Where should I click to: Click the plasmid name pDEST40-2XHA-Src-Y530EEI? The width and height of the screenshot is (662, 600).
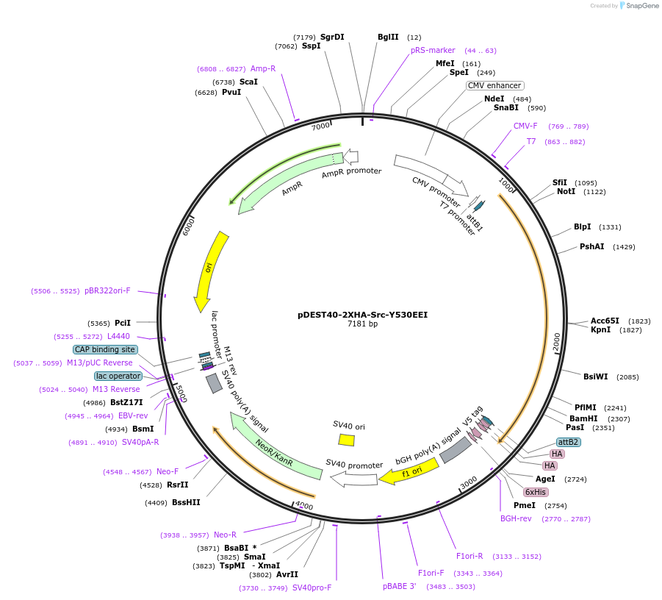(x=362, y=314)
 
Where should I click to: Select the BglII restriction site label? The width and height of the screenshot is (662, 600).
(x=388, y=37)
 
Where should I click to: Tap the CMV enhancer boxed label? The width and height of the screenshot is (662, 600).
(x=494, y=85)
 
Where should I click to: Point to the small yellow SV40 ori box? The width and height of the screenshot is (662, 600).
(x=346, y=440)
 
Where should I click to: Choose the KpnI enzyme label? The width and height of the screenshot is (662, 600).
(x=600, y=330)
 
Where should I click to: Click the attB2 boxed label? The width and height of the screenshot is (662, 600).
(x=568, y=442)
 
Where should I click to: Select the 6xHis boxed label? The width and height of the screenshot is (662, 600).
(x=535, y=491)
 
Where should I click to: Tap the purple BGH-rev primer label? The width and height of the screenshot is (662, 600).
(x=516, y=518)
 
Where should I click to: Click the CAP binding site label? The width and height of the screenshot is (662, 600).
(x=105, y=349)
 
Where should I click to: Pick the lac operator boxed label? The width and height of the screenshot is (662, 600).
(x=118, y=376)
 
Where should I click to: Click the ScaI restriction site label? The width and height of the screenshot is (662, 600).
(x=248, y=82)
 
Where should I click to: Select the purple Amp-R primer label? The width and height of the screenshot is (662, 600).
(x=262, y=68)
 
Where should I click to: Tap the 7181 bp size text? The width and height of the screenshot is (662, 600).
(x=362, y=324)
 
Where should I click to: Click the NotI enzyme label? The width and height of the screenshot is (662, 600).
(x=566, y=191)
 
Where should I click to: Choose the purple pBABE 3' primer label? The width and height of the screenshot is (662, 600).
(x=400, y=586)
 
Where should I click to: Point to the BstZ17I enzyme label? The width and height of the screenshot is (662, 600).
(x=126, y=402)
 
